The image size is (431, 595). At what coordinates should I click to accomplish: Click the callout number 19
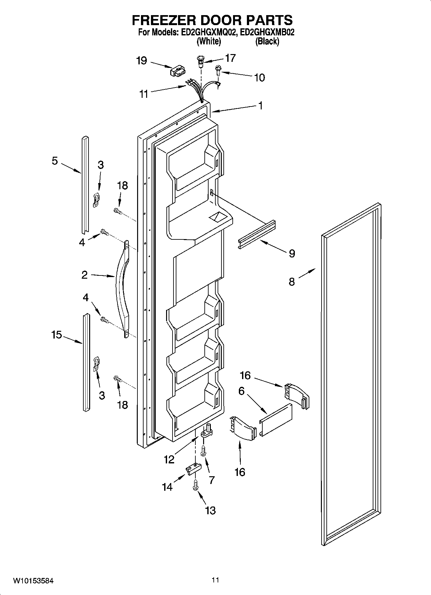[x=142, y=60]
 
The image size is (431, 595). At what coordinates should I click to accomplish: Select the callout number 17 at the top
[x=230, y=58]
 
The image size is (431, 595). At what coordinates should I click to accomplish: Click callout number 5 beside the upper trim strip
[x=55, y=161]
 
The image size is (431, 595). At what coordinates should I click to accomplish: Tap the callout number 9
[x=292, y=254]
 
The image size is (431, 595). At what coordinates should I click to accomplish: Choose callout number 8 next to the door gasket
[x=292, y=282]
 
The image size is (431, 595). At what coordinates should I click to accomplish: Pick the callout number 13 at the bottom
[x=210, y=510]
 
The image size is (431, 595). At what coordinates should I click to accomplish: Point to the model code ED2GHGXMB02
[x=267, y=33]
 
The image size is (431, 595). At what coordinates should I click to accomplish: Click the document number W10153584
[x=33, y=581]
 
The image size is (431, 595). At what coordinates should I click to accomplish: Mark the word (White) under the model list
[x=209, y=41]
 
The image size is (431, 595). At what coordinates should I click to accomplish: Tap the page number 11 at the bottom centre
[x=215, y=580]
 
